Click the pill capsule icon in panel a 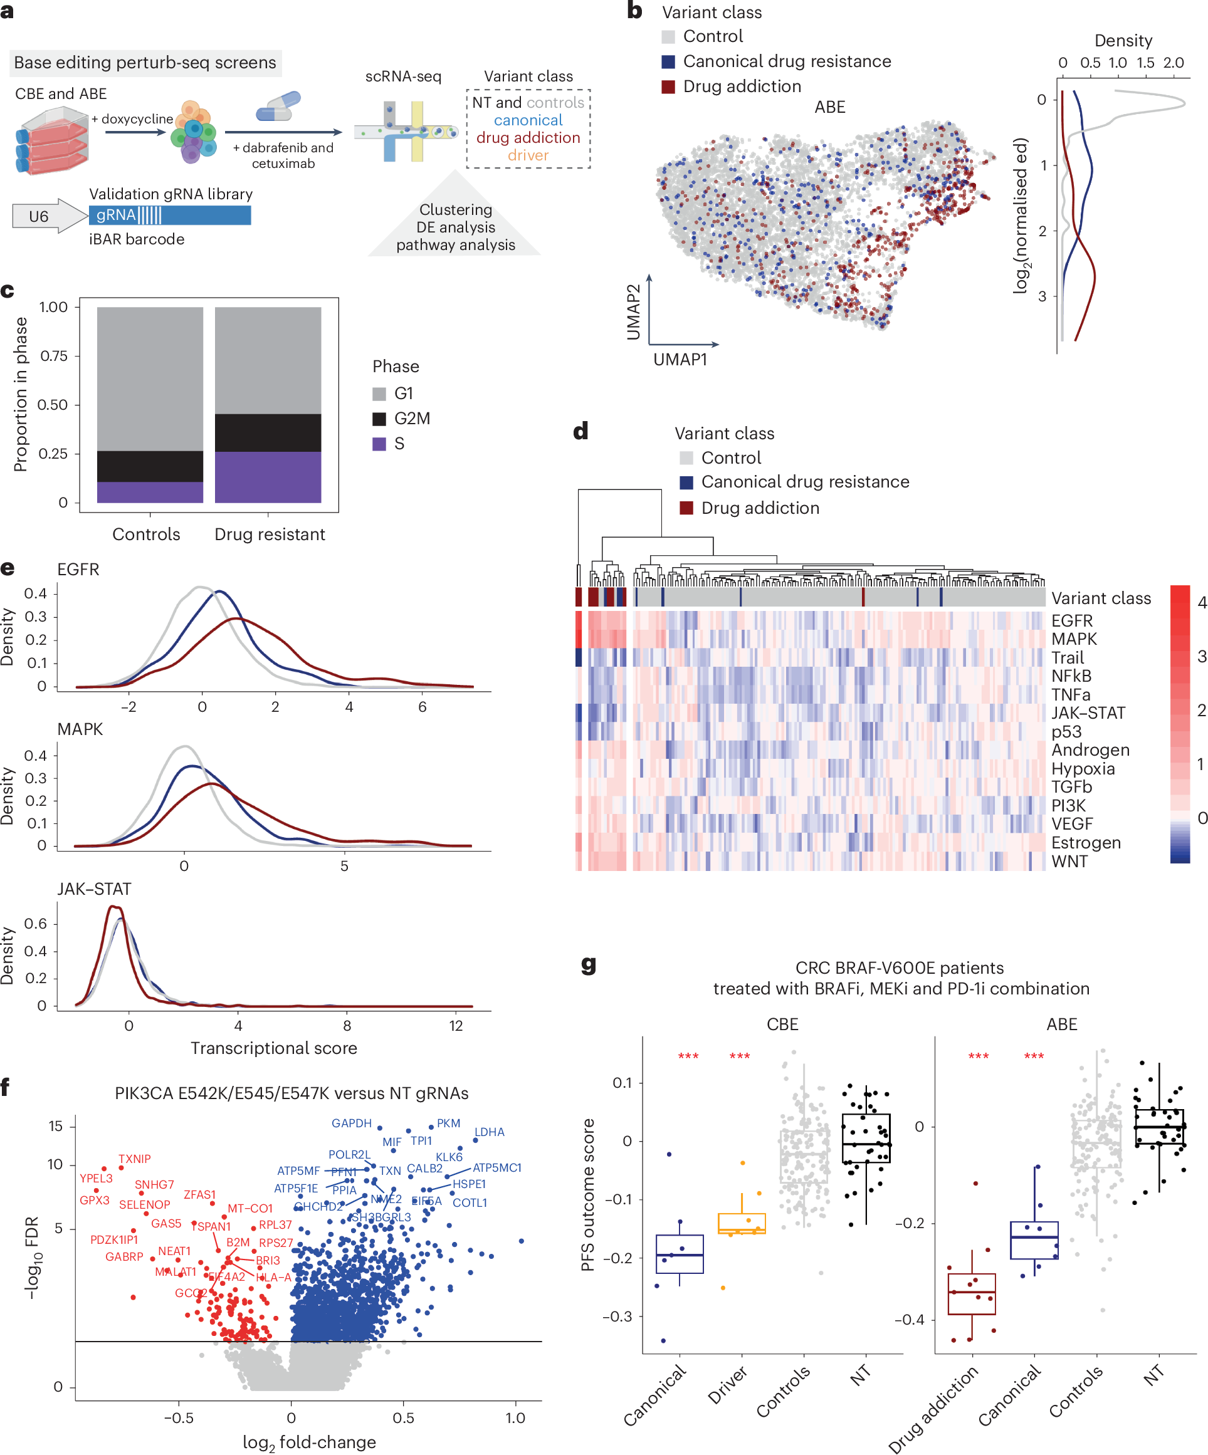[278, 106]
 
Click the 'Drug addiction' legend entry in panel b [741, 86]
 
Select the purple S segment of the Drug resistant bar [268, 477]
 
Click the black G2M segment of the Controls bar [150, 466]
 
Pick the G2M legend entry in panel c [411, 419]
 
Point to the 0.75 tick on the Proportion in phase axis [54, 356]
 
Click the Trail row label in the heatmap [1068, 657]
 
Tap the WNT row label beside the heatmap [1069, 861]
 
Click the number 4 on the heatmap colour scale [1202, 603]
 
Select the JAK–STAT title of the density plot [93, 889]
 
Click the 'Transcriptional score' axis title [274, 1048]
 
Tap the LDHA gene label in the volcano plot [490, 1132]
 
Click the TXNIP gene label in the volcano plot [134, 1159]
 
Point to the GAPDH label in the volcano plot [352, 1123]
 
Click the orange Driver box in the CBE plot [742, 1224]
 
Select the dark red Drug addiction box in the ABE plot [972, 1293]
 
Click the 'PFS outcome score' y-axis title [588, 1194]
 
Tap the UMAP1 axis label [680, 360]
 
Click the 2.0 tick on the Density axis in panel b [1174, 63]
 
